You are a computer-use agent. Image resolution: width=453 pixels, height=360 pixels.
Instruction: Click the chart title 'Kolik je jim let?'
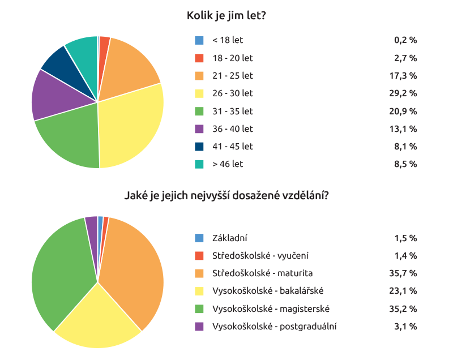pos(226,16)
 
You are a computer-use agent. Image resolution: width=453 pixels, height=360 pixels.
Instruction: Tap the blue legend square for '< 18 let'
pos(199,40)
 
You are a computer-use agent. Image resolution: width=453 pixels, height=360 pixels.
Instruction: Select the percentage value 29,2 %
pos(405,93)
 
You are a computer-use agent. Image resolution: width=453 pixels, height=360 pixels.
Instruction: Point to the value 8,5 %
pos(405,164)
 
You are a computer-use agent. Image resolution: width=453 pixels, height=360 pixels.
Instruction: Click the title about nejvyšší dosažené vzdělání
pos(226,196)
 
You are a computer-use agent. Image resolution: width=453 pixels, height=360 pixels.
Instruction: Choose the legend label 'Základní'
pos(229,238)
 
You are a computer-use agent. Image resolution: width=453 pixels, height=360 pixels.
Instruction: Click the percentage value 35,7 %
pos(405,273)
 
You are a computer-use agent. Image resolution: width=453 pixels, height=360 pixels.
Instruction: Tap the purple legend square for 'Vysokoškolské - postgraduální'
pos(199,327)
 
